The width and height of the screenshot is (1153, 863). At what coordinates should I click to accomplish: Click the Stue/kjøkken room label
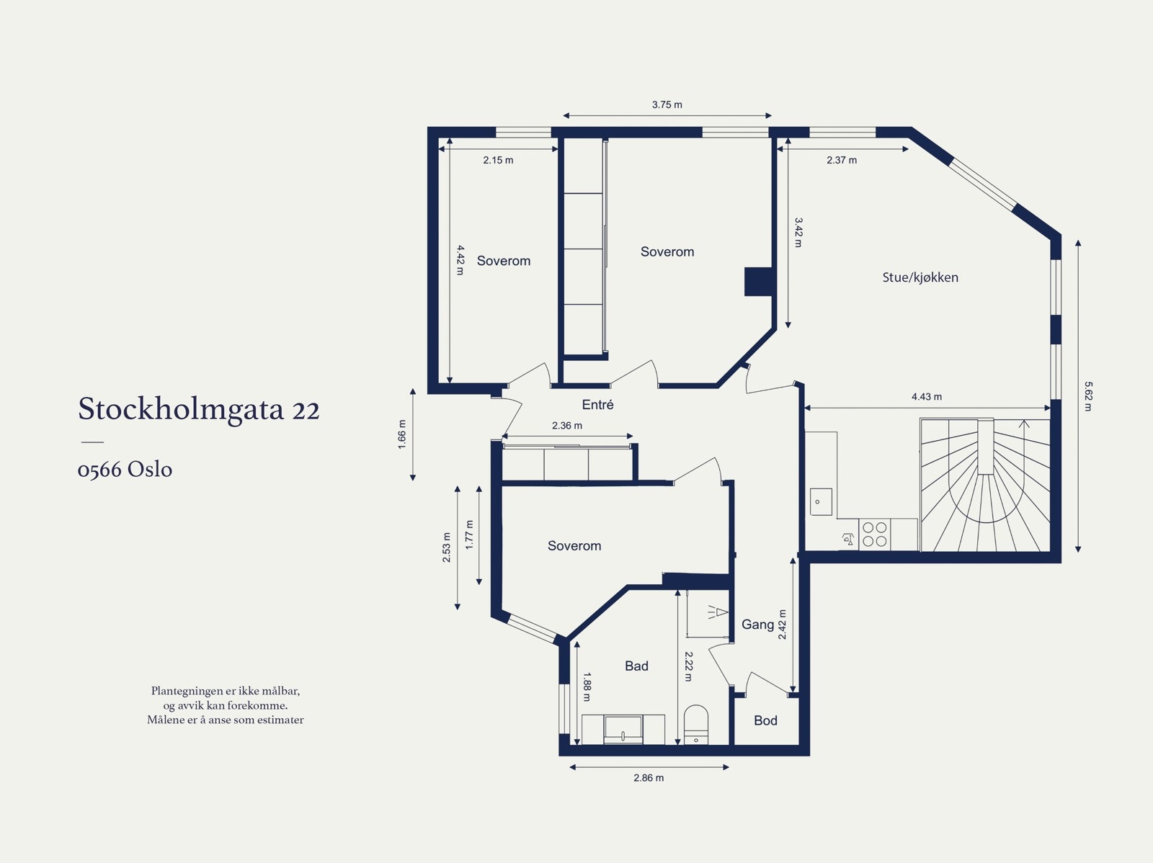pos(920,277)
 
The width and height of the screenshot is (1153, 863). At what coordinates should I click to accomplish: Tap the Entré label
pos(597,405)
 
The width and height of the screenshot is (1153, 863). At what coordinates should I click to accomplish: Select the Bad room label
pos(636,666)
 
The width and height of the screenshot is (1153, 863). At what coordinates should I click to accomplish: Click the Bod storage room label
pos(765,720)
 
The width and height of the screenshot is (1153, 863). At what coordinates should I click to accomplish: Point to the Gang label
pos(757,625)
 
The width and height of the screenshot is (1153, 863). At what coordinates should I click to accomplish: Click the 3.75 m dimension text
pos(667,104)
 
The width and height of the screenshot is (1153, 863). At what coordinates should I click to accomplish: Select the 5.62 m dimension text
pos(1088,396)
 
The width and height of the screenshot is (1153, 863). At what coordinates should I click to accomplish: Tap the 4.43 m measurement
pos(926,397)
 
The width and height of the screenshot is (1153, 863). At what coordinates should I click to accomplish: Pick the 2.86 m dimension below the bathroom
pos(649,778)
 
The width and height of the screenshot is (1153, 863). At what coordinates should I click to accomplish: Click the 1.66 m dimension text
pos(402,434)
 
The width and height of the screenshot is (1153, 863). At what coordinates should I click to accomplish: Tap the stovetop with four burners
pos(875,534)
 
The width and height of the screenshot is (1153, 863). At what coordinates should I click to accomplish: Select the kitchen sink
pos(821,501)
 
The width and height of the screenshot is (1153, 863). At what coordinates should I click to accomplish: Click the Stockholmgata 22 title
pos(198,409)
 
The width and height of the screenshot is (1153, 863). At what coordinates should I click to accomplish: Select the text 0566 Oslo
pos(125,470)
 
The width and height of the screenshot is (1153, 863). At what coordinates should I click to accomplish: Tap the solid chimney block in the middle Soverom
pos(757,282)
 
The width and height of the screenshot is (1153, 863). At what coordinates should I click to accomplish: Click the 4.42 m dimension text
pos(460,260)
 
